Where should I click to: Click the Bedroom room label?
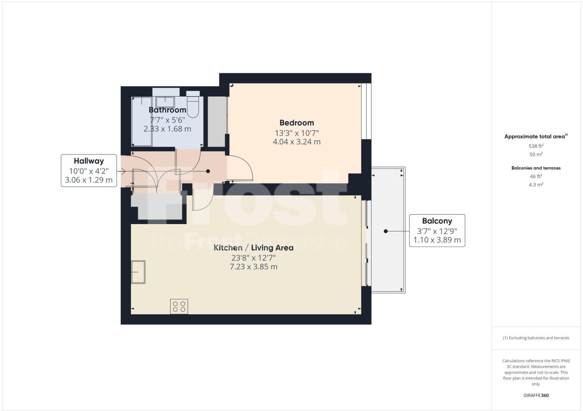coord(296,123)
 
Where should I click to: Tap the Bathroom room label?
coord(167,110)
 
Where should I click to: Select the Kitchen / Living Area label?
coord(253,248)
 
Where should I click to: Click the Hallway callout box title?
coord(89,161)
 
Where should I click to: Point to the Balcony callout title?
coord(437,221)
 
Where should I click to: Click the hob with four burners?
coord(179,306)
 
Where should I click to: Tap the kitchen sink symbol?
coord(138,272)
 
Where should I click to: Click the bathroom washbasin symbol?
coord(165,101)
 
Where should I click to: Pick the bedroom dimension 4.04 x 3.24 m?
coord(297,142)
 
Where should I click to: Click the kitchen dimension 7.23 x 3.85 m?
coord(253,267)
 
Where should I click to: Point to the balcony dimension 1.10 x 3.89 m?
coord(437,240)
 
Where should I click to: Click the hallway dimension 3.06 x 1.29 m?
coord(89,180)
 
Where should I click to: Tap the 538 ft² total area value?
coord(536,146)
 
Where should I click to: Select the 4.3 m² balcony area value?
coord(536,185)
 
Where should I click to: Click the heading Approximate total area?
coord(535,137)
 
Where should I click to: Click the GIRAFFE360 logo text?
coord(536,395)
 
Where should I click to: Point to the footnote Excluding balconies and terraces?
coord(536,338)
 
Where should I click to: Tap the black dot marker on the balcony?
coord(386,231)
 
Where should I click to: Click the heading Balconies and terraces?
coord(536,168)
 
